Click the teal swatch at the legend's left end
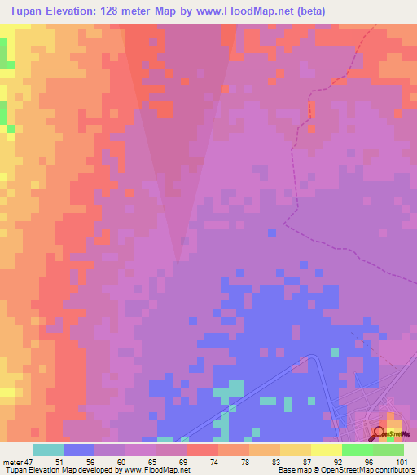pos(48,450)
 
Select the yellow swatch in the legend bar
pos(327,450)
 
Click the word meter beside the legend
pos(11,462)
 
